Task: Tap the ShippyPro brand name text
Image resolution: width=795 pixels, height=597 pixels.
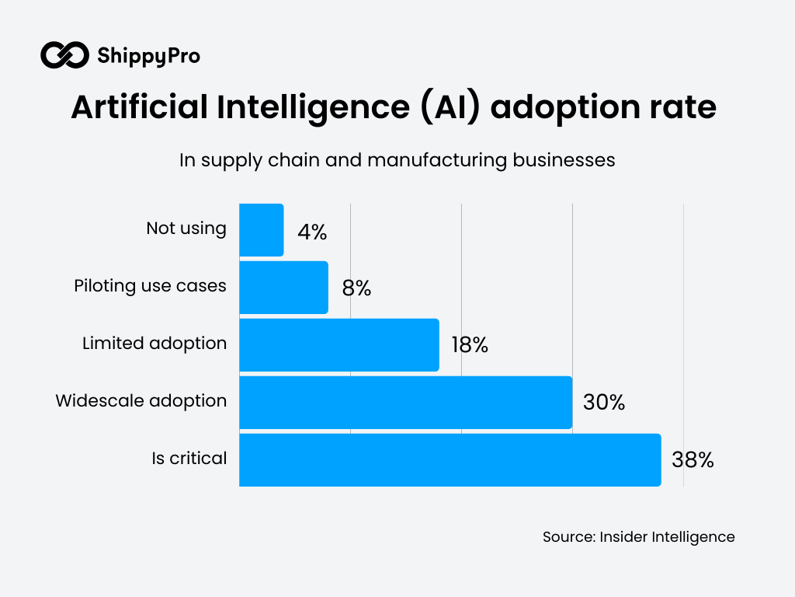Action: click(x=148, y=56)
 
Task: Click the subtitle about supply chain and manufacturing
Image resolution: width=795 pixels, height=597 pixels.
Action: click(x=397, y=159)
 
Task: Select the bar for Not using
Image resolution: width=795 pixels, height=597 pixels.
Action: click(x=262, y=230)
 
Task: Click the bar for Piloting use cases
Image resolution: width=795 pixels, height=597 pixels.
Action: click(x=283, y=288)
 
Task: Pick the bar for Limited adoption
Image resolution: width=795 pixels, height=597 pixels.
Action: click(x=339, y=345)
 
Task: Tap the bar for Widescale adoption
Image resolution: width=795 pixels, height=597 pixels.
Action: click(x=405, y=403)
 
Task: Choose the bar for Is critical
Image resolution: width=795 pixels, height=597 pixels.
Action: click(x=450, y=460)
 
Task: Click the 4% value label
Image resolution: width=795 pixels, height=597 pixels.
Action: click(x=312, y=232)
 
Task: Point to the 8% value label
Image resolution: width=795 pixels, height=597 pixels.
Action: click(x=356, y=289)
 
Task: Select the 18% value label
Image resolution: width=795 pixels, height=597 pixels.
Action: click(x=469, y=346)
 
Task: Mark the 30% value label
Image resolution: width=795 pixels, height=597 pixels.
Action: click(x=603, y=403)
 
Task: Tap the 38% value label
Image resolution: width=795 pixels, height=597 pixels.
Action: click(x=692, y=460)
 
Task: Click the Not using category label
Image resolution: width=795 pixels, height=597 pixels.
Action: click(x=186, y=229)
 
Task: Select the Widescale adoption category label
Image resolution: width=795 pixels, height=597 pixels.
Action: click(x=141, y=401)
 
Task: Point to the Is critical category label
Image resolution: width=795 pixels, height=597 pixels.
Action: click(x=189, y=459)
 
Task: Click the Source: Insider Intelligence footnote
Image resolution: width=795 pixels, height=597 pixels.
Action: click(x=638, y=537)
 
